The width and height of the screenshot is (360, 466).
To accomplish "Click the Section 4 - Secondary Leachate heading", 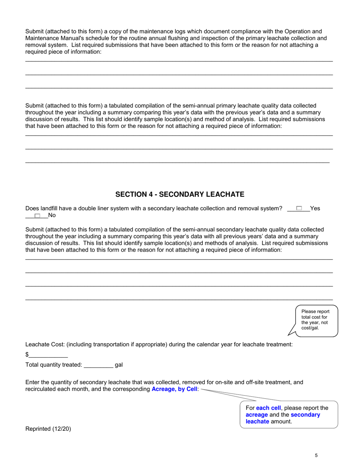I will pos(180,194).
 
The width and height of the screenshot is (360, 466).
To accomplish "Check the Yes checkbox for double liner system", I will pos(299,208).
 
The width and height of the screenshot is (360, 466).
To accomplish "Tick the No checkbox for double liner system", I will pos(37,216).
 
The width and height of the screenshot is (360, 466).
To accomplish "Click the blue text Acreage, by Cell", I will pos(175,389).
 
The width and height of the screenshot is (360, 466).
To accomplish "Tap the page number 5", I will pos(316,456).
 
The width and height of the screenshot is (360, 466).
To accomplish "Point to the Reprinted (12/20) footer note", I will pos(48,429).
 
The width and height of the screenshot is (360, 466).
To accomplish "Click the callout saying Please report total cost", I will pos(315,320).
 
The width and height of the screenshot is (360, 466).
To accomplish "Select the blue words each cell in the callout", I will pos(268,408).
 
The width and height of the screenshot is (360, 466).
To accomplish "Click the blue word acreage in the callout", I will pos(257,415).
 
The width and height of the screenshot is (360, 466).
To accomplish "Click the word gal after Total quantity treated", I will pos(119,365).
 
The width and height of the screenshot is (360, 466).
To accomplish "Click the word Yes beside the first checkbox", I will pos(315,208).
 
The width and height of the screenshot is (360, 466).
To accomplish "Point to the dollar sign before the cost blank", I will pos(27,355).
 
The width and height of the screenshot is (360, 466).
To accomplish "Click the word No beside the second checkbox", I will pos(52,216).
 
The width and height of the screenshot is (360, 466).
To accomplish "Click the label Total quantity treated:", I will pos(53,365).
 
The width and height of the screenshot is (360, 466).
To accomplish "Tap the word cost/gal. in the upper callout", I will pos(310,328).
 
